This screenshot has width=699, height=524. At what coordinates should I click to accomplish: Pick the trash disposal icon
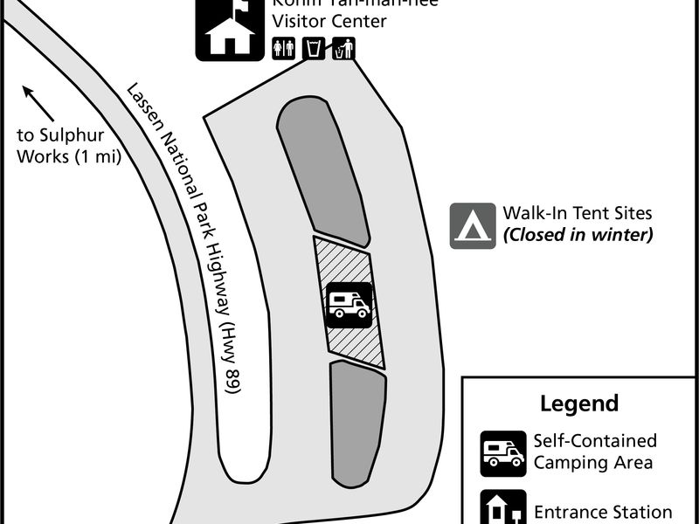tap(343, 49)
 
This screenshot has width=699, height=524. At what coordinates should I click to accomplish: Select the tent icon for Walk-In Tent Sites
tap(473, 225)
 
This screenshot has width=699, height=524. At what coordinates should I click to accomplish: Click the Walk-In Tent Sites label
tap(578, 213)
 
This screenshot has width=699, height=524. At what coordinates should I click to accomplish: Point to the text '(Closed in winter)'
tap(578, 234)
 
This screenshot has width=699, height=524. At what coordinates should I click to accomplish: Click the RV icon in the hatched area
tap(349, 305)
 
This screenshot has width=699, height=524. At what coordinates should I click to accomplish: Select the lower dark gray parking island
tap(356, 424)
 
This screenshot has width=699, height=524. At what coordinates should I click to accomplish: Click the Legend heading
tap(578, 403)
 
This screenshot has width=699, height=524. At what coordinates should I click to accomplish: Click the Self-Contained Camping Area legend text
tap(595, 452)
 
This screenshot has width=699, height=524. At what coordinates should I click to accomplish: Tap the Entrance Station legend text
tap(603, 513)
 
